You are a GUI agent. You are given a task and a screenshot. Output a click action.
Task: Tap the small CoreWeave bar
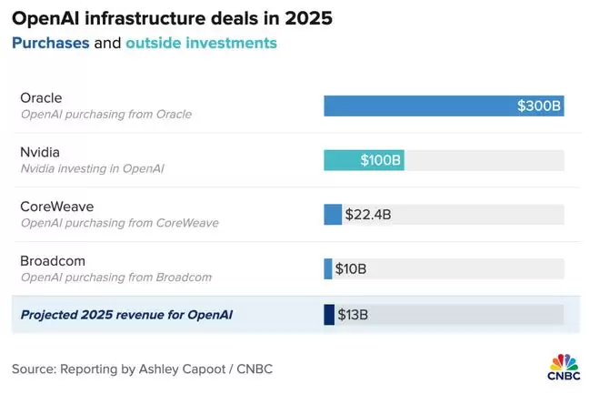(x=333, y=215)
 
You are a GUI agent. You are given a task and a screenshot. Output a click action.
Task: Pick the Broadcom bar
(x=328, y=268)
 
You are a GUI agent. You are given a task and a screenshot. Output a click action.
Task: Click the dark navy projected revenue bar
(x=329, y=315)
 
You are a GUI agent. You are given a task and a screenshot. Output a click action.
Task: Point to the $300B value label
(x=539, y=106)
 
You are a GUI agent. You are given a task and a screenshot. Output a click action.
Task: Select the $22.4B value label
(x=368, y=215)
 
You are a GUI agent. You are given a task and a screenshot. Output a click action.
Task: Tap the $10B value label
(x=351, y=268)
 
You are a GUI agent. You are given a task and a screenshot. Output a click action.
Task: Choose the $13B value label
(x=353, y=315)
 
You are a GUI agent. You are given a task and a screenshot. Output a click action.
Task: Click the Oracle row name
(x=42, y=98)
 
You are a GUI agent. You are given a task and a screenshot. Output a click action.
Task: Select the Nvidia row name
(x=41, y=153)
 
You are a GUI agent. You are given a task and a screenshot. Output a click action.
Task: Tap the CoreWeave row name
(x=55, y=207)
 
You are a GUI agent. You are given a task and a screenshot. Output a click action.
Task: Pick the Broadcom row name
(x=54, y=261)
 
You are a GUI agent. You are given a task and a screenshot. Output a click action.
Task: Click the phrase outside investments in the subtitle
(x=201, y=43)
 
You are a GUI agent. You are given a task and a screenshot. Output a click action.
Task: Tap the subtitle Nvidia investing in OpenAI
(x=92, y=168)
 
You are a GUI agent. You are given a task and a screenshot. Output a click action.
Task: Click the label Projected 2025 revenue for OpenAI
(x=127, y=315)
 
